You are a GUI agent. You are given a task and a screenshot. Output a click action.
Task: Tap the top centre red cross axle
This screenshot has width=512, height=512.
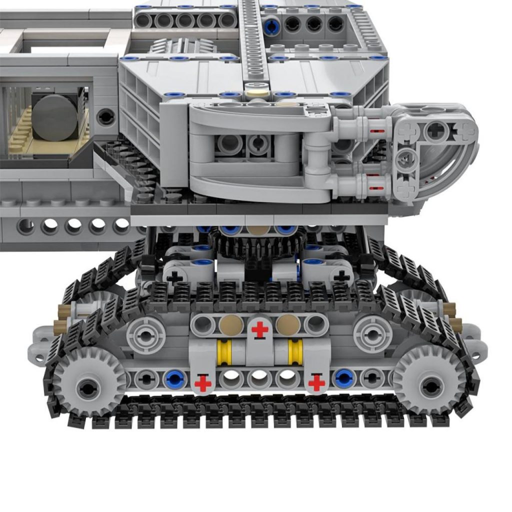tap(259, 329)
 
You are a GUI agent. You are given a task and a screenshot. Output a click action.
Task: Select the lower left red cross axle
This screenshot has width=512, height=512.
tap(202, 383)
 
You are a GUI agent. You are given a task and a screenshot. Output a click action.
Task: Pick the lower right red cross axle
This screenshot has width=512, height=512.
tap(316, 383)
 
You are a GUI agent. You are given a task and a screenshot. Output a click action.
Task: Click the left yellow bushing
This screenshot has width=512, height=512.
tap(223, 352)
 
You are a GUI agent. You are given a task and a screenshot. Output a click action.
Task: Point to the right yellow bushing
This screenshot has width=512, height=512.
tap(295, 352)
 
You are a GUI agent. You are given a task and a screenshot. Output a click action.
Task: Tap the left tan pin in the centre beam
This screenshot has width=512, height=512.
tap(231, 325)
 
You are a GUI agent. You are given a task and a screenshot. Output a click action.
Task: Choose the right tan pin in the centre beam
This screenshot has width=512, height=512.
tap(288, 325)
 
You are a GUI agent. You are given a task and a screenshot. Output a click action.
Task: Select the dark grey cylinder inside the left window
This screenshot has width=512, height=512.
tap(55, 117)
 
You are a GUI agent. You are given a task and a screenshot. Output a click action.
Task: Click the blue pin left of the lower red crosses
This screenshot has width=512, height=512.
tap(174, 379)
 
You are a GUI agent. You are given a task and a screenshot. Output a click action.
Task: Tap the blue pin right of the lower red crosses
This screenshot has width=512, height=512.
tap(344, 379)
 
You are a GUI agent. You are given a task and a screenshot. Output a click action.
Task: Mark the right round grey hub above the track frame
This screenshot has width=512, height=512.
tap(372, 334)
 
